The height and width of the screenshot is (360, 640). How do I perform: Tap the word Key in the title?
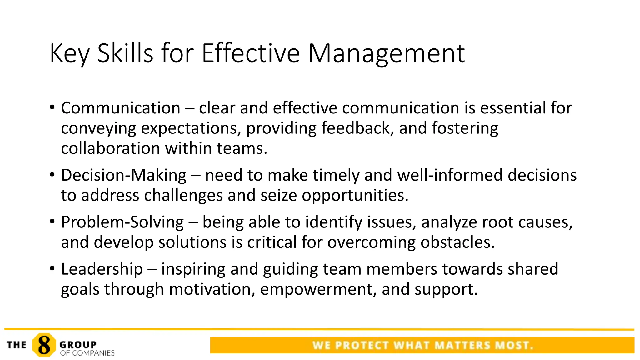pyautogui.click(x=69, y=54)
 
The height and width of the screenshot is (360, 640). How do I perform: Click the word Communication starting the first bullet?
pyautogui.click(x=121, y=108)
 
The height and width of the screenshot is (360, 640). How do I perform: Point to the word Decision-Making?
pyautogui.click(x=124, y=175)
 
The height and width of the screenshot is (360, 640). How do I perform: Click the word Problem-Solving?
pyautogui.click(x=122, y=222)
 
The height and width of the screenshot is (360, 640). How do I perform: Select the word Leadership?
pyautogui.click(x=102, y=269)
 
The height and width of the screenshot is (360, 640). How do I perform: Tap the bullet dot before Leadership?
pyautogui.click(x=52, y=268)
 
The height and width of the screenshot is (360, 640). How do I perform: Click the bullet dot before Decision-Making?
pyautogui.click(x=52, y=174)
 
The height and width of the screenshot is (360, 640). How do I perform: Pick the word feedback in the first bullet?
pyautogui.click(x=357, y=128)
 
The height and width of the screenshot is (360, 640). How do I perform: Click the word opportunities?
pyautogui.click(x=355, y=195)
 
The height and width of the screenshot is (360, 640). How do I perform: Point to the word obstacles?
pyautogui.click(x=457, y=242)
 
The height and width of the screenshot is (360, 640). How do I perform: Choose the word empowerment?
pyautogui.click(x=318, y=289)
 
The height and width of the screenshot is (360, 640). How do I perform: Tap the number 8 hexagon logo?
pyautogui.click(x=44, y=345)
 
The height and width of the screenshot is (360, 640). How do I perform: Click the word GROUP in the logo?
pyautogui.click(x=78, y=344)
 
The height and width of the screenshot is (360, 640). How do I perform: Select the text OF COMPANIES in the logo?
pyautogui.click(x=87, y=353)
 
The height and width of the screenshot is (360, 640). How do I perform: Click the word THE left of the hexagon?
pyautogui.click(x=17, y=345)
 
